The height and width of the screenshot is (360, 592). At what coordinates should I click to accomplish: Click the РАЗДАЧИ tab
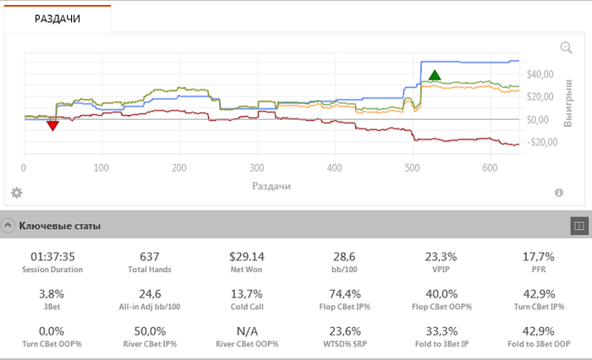click(x=58, y=19)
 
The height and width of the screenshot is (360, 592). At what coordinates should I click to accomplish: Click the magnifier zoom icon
click(x=567, y=48)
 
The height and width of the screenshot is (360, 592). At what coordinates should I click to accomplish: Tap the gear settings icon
click(x=16, y=193)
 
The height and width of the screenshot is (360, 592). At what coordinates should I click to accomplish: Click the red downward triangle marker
click(x=52, y=126)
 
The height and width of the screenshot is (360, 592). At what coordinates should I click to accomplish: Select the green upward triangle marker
click(x=435, y=75)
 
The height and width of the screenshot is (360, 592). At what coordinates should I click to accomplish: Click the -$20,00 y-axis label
click(x=538, y=142)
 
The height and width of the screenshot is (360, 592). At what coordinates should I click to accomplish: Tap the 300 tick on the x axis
click(x=258, y=167)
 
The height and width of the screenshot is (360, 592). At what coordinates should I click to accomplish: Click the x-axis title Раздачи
click(x=271, y=184)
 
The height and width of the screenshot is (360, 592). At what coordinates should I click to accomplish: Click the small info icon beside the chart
click(x=559, y=193)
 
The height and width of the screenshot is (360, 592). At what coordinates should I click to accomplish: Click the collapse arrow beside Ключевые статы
click(x=8, y=226)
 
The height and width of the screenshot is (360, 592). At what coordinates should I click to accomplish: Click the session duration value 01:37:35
click(x=52, y=256)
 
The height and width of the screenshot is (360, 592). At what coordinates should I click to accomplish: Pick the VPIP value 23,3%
click(x=439, y=256)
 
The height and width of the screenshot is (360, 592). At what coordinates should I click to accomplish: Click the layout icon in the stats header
click(x=579, y=226)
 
